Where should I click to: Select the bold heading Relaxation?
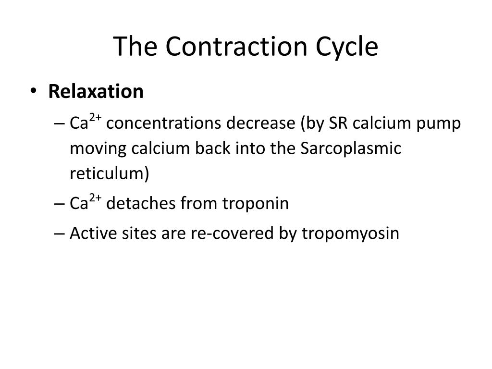click(96, 91)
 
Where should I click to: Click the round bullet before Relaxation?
click(38, 91)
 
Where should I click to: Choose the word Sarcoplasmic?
click(351, 149)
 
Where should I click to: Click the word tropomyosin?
click(351, 234)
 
